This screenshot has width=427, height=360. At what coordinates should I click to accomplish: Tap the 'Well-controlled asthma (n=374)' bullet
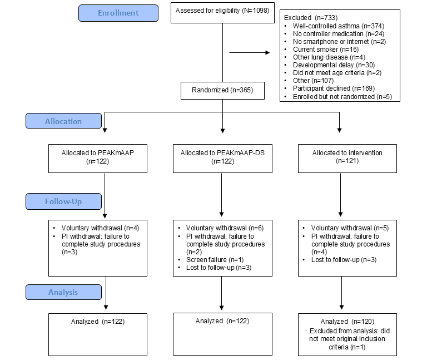[336, 26]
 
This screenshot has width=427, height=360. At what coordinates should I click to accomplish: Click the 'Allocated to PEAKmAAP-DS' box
[222, 156]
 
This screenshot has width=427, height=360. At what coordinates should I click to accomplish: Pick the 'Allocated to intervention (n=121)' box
[347, 156]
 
